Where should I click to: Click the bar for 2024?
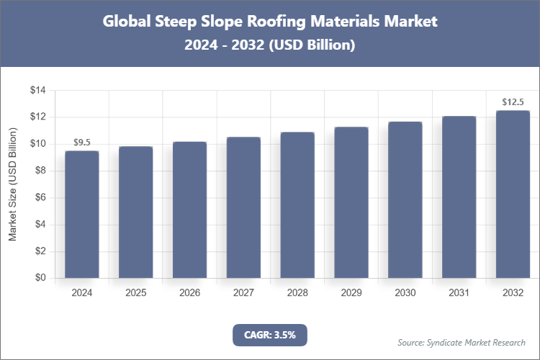(x=81, y=215)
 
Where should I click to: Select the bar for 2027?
(x=243, y=207)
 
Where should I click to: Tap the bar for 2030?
(x=405, y=200)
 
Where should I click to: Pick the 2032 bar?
(x=513, y=194)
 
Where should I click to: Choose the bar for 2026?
(x=189, y=210)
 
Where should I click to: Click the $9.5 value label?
(x=81, y=142)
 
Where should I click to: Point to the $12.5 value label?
(x=513, y=102)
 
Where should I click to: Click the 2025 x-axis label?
(x=135, y=293)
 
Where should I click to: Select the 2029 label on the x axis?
(x=351, y=293)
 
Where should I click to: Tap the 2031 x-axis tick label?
(x=459, y=293)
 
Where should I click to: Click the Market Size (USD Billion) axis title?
(x=13, y=184)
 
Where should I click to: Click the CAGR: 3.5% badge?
(x=270, y=335)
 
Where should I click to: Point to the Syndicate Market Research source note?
(x=462, y=342)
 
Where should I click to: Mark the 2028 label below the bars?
(x=297, y=293)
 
